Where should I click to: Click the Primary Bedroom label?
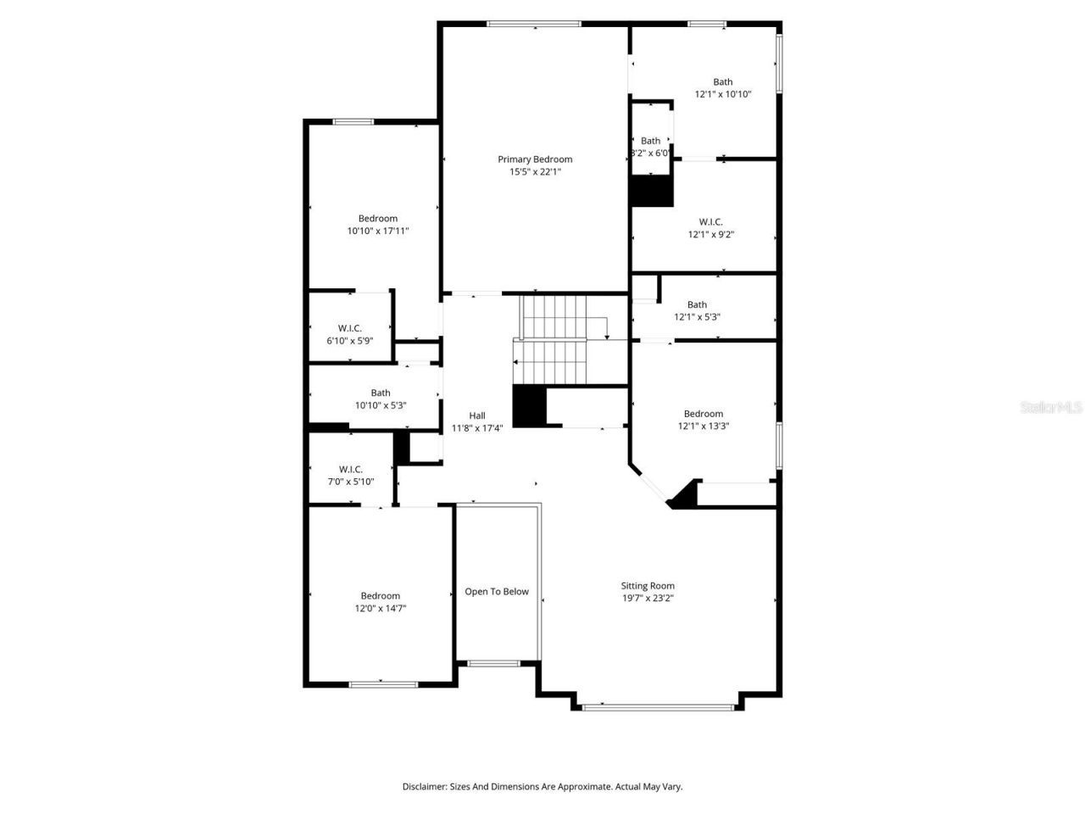click(x=534, y=159)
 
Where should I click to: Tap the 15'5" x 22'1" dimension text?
click(x=534, y=172)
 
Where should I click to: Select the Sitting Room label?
click(x=648, y=586)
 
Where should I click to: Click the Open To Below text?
click(x=497, y=592)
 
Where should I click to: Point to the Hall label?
click(x=477, y=415)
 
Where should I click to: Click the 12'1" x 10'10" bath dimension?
click(x=723, y=95)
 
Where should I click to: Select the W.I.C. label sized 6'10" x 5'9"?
click(x=350, y=328)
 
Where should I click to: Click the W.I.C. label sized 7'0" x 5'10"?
click(x=351, y=469)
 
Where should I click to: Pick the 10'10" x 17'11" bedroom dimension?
click(x=378, y=231)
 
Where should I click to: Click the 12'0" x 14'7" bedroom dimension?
click(x=380, y=608)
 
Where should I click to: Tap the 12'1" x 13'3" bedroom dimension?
click(x=704, y=427)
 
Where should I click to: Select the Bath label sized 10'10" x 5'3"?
click(x=381, y=393)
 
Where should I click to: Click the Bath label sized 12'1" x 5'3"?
click(x=697, y=304)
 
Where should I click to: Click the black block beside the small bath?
click(x=651, y=191)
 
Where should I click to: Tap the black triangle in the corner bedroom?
click(x=686, y=497)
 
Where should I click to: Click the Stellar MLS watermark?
click(x=1051, y=408)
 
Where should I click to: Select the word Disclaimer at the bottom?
click(x=424, y=787)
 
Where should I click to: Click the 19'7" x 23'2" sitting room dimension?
click(x=648, y=599)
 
